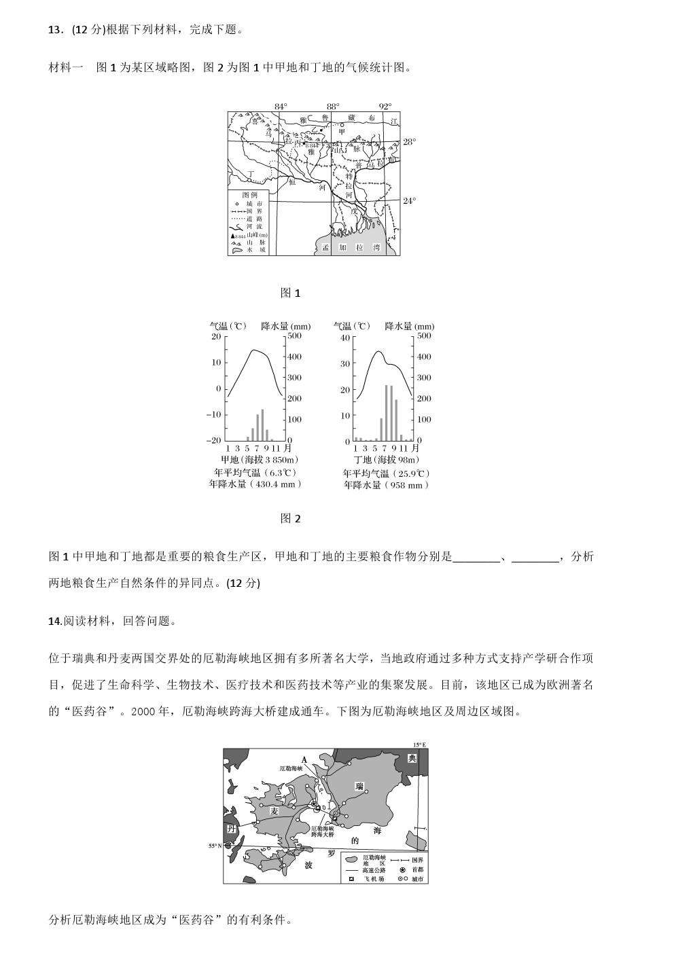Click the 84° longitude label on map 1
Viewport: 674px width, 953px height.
coord(281,107)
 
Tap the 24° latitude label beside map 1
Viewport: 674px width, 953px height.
coord(409,201)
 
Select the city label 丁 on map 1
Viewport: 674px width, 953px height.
coord(251,174)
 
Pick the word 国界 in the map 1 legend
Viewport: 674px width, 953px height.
coord(254,211)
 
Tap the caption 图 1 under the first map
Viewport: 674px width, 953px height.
coord(290,293)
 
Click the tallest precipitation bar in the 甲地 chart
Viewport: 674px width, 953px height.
coord(262,425)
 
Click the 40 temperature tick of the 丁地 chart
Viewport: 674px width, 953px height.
coord(345,338)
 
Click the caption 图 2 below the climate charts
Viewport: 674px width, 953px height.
coord(290,519)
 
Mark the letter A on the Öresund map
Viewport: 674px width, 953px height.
coord(304,760)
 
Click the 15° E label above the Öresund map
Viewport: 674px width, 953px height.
coord(419,745)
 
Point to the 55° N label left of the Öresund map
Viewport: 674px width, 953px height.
coord(215,846)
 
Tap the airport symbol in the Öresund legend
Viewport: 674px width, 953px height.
coord(351,879)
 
